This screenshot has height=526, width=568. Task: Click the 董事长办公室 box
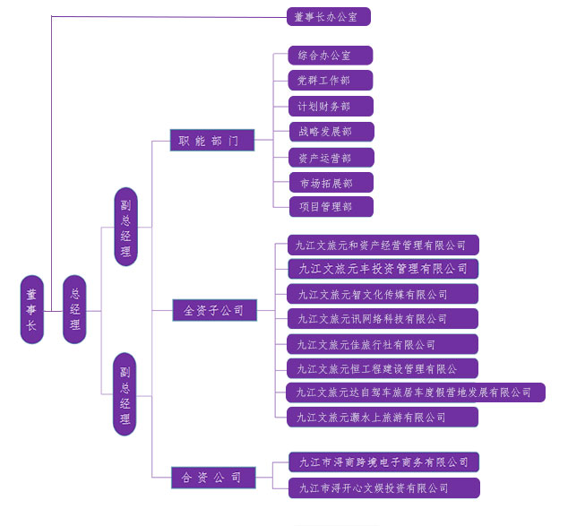328,16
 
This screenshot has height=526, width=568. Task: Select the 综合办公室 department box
330,56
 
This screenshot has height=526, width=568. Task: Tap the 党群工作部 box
330,81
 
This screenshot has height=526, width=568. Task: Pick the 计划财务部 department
330,107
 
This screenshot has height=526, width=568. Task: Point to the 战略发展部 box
330,132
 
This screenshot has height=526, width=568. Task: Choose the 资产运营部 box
330,158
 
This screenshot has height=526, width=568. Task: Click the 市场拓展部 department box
330,183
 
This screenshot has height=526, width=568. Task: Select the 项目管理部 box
330,207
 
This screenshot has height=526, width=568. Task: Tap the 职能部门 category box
212,141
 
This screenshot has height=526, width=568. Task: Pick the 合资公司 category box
213,478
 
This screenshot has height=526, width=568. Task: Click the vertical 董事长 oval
32,309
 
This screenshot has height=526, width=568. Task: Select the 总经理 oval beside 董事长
75,309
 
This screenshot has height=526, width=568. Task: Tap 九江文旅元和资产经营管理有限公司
383,245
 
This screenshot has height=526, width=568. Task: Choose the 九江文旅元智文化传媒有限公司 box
383,294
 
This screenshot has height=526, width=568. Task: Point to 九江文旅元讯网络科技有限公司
383,318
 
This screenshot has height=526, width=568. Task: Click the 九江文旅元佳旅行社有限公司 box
383,344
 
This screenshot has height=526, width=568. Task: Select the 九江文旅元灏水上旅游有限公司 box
383,417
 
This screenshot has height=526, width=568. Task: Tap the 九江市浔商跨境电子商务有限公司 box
383,462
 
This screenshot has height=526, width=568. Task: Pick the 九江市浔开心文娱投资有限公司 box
383,488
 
